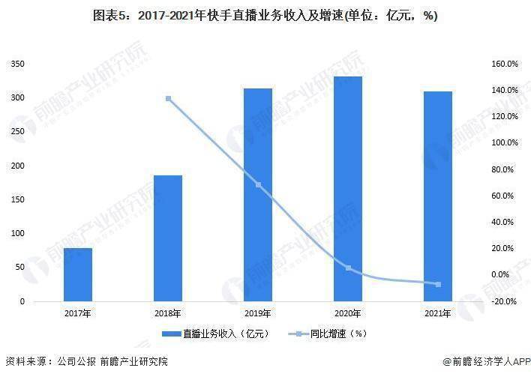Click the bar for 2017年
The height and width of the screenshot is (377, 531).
(x=78, y=274)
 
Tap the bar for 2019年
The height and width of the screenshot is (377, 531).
(x=257, y=195)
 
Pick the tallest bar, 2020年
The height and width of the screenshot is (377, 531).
(x=348, y=189)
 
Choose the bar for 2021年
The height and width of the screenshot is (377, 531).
(x=437, y=196)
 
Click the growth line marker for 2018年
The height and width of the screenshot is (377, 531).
(x=168, y=99)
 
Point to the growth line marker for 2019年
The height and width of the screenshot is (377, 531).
(x=258, y=184)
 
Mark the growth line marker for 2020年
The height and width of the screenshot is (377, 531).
(x=348, y=268)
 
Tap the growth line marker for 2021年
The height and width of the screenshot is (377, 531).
(x=437, y=284)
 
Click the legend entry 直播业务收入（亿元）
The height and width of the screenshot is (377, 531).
(x=214, y=333)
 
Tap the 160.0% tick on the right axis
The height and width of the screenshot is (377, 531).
(x=504, y=64)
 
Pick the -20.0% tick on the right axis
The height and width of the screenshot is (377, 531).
(x=504, y=301)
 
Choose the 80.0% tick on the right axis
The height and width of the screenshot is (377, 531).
(x=504, y=169)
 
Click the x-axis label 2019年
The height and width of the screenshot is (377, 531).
(x=258, y=313)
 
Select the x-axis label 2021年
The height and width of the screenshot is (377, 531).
(x=437, y=313)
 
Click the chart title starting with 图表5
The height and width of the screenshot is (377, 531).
(x=265, y=15)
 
